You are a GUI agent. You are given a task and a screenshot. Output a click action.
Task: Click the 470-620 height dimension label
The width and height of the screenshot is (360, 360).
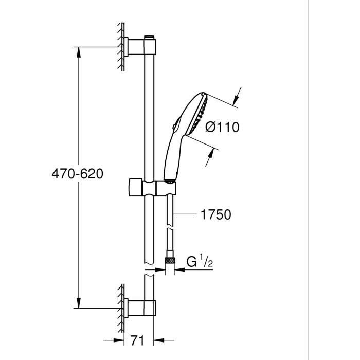click(77, 174)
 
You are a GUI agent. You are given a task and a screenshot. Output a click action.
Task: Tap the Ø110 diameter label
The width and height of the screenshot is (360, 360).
click(222, 127)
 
